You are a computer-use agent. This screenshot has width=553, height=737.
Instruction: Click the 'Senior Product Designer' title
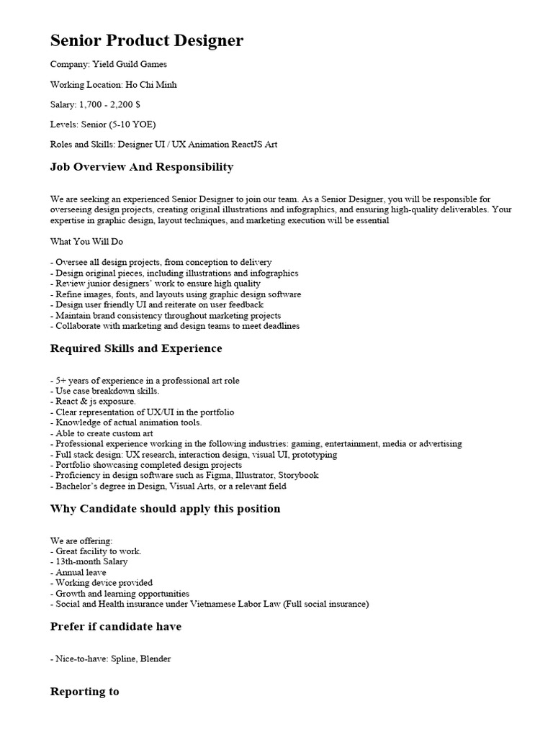click(x=147, y=41)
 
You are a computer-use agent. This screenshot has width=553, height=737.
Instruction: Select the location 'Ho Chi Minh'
click(x=151, y=84)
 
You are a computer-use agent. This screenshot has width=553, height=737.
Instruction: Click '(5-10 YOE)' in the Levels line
click(x=132, y=125)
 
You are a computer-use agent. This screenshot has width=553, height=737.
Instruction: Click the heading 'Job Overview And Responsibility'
click(x=142, y=167)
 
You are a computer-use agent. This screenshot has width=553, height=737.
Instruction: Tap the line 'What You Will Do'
click(x=87, y=242)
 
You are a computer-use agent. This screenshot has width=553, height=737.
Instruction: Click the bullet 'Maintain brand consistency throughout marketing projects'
click(x=166, y=315)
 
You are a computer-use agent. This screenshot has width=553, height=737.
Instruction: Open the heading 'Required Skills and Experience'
click(x=136, y=348)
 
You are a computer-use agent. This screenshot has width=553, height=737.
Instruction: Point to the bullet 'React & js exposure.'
click(x=93, y=402)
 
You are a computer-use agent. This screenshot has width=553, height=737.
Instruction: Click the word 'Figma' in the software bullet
click(x=220, y=476)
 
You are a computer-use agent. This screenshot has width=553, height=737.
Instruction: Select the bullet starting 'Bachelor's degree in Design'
click(x=168, y=487)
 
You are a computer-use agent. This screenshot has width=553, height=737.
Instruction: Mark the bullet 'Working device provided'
click(x=102, y=583)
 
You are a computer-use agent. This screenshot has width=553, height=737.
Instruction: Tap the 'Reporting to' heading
click(x=84, y=692)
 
